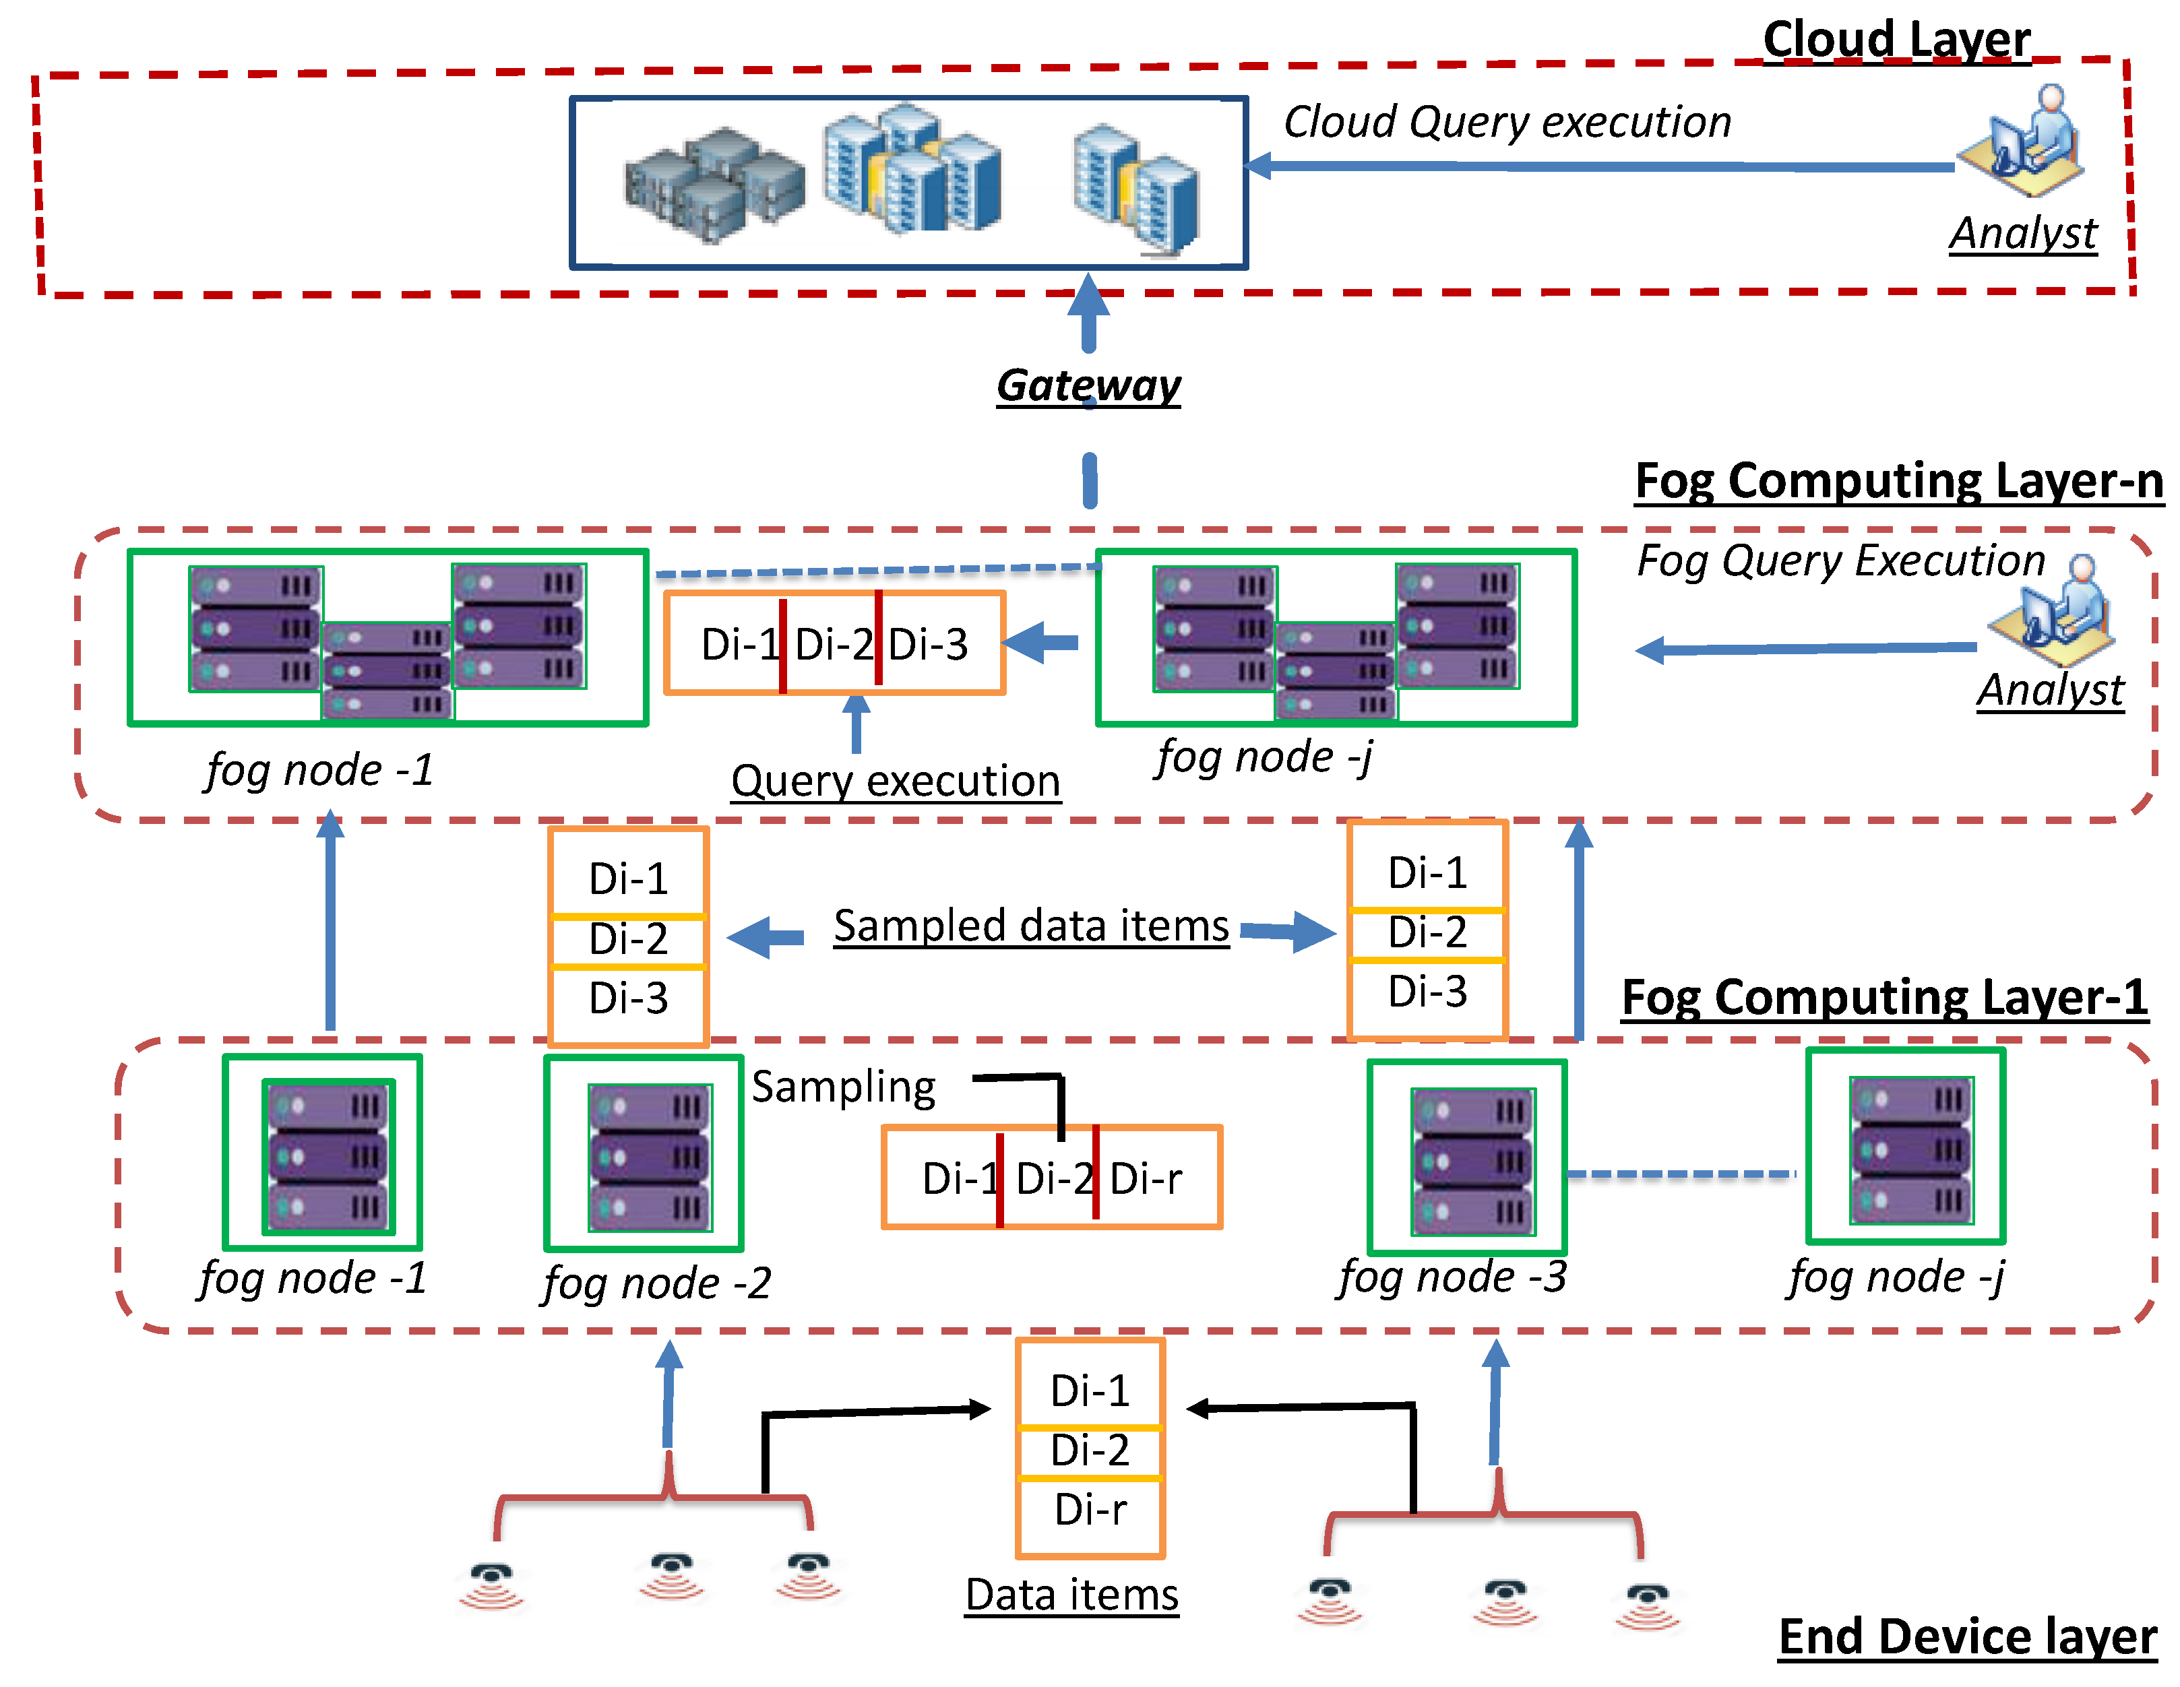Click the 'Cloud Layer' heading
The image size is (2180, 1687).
coord(1896,40)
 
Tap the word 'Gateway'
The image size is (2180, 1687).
coord(1088,385)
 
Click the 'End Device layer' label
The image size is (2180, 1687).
coord(1966,1637)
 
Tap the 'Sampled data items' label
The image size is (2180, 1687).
coord(1031,926)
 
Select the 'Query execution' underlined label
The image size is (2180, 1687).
coord(896,782)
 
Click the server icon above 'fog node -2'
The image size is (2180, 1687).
coord(650,1158)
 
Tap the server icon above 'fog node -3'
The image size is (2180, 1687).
coord(1472,1161)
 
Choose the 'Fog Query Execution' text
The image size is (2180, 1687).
coord(1840,561)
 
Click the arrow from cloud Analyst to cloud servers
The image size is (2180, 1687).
coord(1597,166)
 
